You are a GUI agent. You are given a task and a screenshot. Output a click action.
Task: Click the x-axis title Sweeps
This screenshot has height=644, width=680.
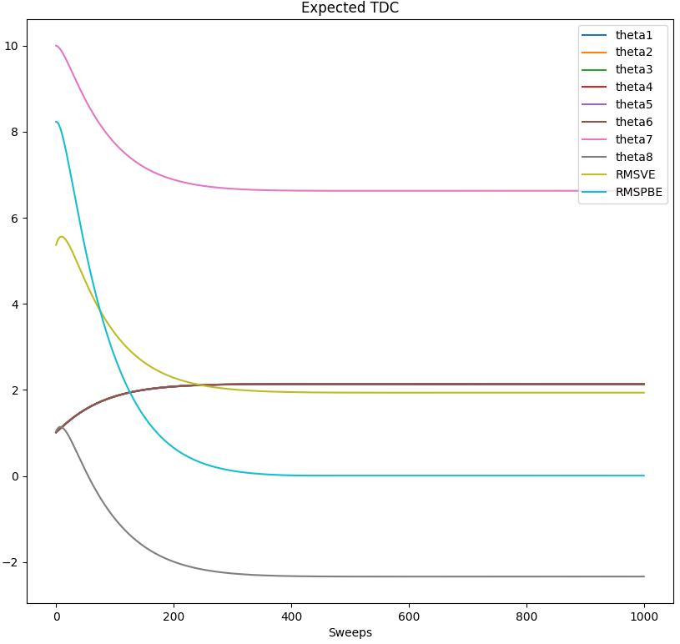pos(350,632)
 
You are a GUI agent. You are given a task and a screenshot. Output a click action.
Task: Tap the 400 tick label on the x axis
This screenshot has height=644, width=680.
pos(291,617)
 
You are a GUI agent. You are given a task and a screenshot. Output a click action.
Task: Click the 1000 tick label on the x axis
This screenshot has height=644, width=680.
pos(644,617)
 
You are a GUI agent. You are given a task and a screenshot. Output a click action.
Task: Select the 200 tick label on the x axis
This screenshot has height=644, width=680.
pos(174,617)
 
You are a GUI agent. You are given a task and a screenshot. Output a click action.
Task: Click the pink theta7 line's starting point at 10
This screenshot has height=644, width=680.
pos(56,46)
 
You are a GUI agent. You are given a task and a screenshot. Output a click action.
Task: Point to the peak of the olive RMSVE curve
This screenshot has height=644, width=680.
pos(62,236)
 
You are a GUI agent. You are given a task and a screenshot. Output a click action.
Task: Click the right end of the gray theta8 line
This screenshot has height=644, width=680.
pos(644,576)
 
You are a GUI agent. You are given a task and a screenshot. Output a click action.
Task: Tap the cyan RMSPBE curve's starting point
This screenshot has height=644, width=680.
pos(56,122)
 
